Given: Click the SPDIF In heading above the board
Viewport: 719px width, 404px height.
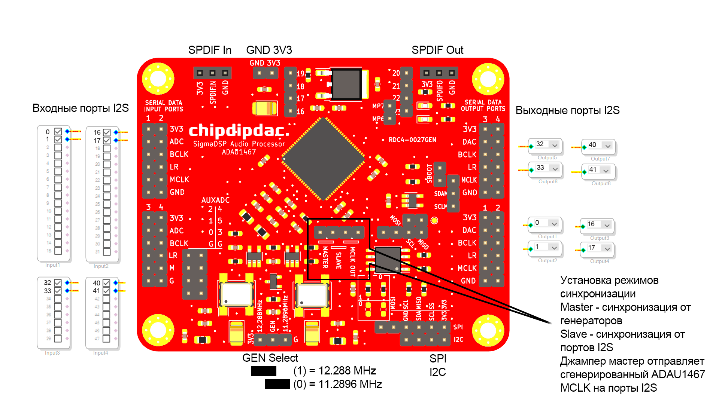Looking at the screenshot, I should click(x=210, y=50).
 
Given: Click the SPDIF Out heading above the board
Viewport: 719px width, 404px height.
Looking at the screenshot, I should click(x=437, y=50).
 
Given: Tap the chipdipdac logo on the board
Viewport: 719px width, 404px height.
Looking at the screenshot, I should click(x=239, y=131).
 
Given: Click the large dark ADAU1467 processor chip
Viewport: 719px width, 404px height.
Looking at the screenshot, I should click(x=323, y=159).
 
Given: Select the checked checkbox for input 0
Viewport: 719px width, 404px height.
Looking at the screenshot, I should click(x=58, y=132).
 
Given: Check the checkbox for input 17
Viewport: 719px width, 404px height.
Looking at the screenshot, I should click(x=107, y=141).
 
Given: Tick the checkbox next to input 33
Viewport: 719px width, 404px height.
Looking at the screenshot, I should click(x=58, y=291).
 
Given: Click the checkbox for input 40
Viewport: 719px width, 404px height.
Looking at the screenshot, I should click(x=106, y=283).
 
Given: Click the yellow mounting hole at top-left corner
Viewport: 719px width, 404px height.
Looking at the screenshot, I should click(x=158, y=79).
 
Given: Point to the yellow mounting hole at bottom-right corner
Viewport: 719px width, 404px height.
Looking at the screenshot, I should click(x=488, y=330).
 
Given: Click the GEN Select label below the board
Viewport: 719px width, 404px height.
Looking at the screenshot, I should click(x=270, y=358).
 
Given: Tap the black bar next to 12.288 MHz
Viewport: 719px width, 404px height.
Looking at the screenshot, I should click(x=263, y=371).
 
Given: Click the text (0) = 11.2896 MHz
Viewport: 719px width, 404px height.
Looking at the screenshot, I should click(x=337, y=384).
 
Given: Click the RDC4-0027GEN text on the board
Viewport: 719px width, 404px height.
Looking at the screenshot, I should click(x=412, y=140).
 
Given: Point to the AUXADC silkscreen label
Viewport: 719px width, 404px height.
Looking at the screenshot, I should click(x=215, y=200).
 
